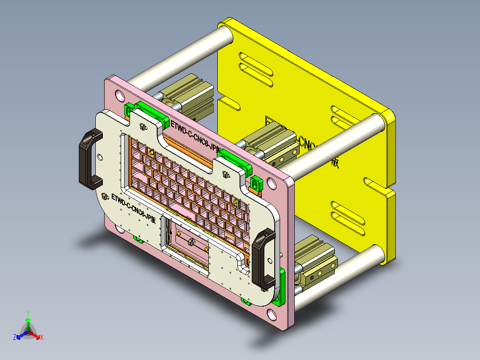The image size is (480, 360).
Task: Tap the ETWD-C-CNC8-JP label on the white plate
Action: point(134,208)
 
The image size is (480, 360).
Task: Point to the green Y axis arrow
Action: point(28,320)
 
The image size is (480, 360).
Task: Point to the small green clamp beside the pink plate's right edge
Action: point(256,183)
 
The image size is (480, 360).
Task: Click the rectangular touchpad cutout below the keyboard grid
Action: point(187,243)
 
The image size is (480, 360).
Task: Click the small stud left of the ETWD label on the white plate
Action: point(106,196)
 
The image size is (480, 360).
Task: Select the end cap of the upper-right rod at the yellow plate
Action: point(375,121)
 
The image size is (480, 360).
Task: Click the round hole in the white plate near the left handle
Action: point(100,156)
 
